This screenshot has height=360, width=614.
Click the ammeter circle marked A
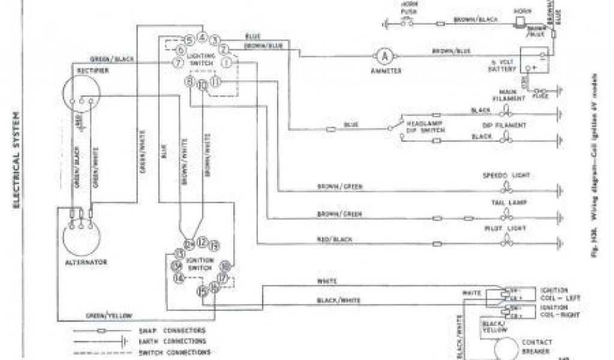(384, 56)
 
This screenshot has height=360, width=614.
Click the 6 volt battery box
(535, 65)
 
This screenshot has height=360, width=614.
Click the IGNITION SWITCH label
(200, 264)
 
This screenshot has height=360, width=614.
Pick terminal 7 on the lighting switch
(177, 62)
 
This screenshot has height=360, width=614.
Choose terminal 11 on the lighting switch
(216, 82)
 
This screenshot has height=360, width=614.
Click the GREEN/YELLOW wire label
(110, 315)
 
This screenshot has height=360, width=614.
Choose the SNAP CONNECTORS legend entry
(179, 331)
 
